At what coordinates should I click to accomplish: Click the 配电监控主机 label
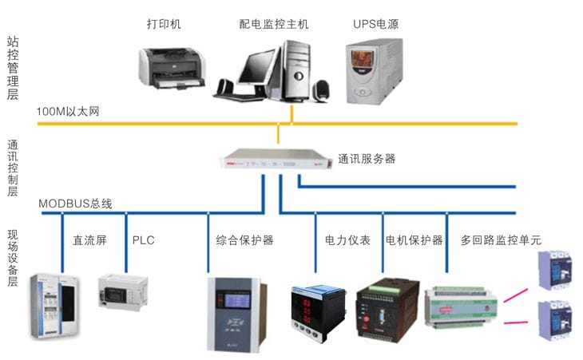273,25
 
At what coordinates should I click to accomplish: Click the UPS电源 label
375,25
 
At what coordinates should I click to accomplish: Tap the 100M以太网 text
68,112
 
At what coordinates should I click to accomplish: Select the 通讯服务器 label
367,159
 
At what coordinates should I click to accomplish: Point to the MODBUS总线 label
75,204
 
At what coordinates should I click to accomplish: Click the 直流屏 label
89,239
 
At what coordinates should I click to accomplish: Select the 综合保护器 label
244,239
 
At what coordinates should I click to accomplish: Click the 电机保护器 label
414,239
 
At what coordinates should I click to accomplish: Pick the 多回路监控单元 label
501,239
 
